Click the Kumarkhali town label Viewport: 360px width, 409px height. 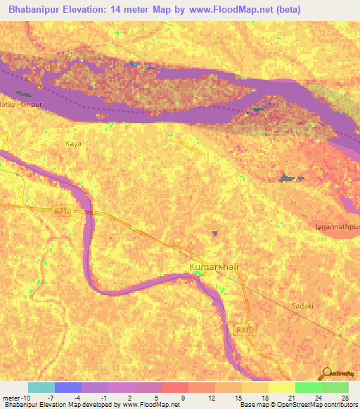[215, 266]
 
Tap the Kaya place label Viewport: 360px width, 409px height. [74, 143]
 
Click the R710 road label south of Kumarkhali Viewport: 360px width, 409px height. [243, 329]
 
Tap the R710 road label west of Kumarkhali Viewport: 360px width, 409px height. [63, 209]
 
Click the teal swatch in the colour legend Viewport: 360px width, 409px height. [41, 387]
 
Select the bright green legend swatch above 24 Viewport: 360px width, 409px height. [308, 387]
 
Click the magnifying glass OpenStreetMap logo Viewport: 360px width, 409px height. [326, 373]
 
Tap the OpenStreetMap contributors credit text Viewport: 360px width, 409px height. [316, 405]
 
